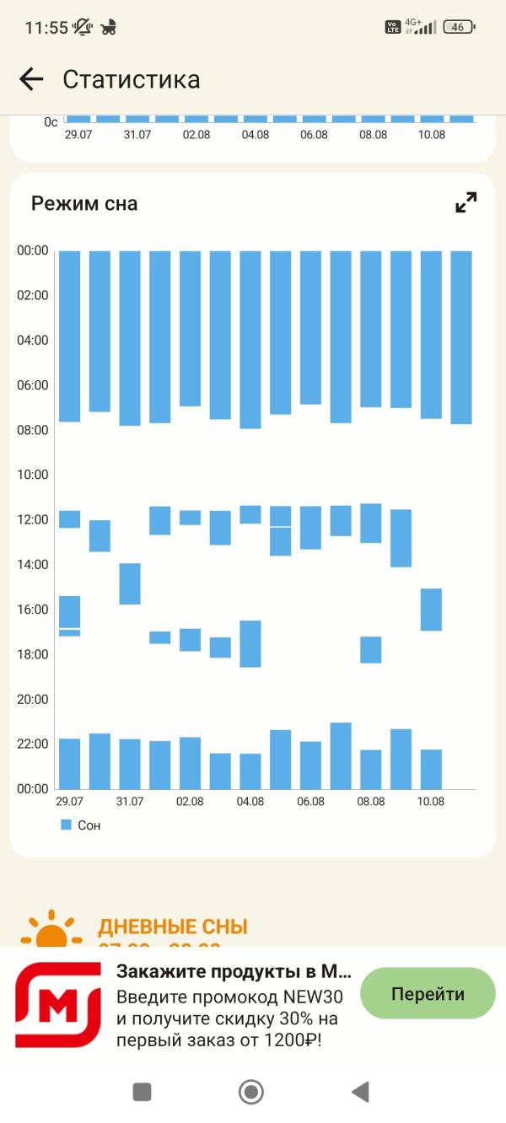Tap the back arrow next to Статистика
click(31, 79)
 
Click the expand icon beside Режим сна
click(466, 202)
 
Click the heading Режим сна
click(84, 203)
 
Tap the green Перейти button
click(428, 993)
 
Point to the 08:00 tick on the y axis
click(33, 430)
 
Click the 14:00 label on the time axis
click(33, 564)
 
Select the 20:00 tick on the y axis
click(33, 699)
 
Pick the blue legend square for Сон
click(67, 825)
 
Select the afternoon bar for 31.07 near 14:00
click(130, 583)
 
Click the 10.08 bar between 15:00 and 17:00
click(431, 610)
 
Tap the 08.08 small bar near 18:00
click(371, 649)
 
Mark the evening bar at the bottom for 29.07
click(69, 763)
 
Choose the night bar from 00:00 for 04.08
click(250, 340)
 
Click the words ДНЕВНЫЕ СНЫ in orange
click(173, 927)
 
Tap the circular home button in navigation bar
click(251, 1092)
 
